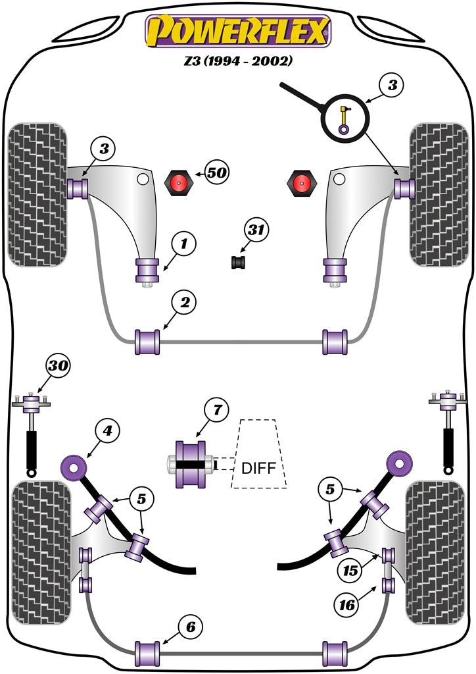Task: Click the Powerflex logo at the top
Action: (x=238, y=30)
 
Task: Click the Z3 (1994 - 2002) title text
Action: (x=238, y=61)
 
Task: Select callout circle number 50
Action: (x=216, y=173)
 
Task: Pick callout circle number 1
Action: (x=183, y=245)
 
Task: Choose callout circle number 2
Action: (x=183, y=302)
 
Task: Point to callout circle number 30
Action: (x=57, y=366)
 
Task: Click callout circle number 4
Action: (x=107, y=431)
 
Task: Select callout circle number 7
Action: (x=216, y=410)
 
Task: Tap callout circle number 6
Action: (x=190, y=627)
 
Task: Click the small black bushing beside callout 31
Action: (x=238, y=262)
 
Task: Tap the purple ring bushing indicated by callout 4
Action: (x=74, y=468)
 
